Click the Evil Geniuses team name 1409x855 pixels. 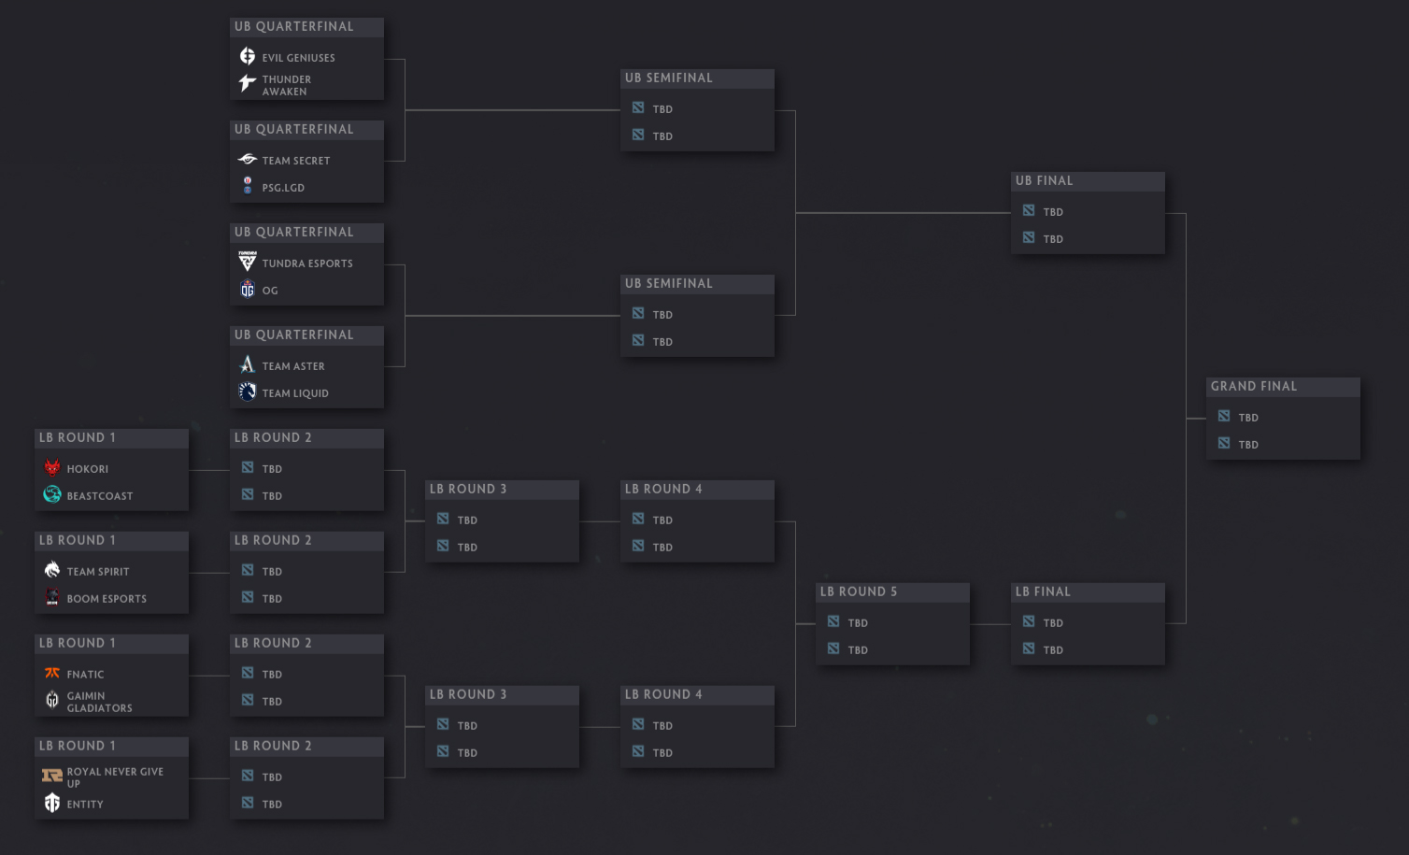(298, 58)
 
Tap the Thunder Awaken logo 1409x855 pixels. (248, 82)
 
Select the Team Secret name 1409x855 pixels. (295, 161)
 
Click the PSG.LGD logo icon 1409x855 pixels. (248, 186)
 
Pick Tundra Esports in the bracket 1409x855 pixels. (307, 264)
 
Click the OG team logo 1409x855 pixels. (248, 289)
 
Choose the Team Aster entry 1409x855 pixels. (293, 366)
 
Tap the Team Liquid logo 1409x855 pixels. (248, 392)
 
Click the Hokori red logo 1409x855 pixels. (52, 467)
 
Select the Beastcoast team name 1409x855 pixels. (99, 496)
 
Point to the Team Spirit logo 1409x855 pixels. (52, 570)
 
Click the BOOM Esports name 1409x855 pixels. (107, 599)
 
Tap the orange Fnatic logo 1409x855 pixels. (52, 673)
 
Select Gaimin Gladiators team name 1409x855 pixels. (99, 702)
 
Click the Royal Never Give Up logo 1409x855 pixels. (52, 776)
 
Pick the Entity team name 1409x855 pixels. (85, 805)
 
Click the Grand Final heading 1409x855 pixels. (1254, 386)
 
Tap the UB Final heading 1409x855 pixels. (1044, 181)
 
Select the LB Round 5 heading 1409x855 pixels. (858, 592)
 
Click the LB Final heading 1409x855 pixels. (1043, 592)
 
